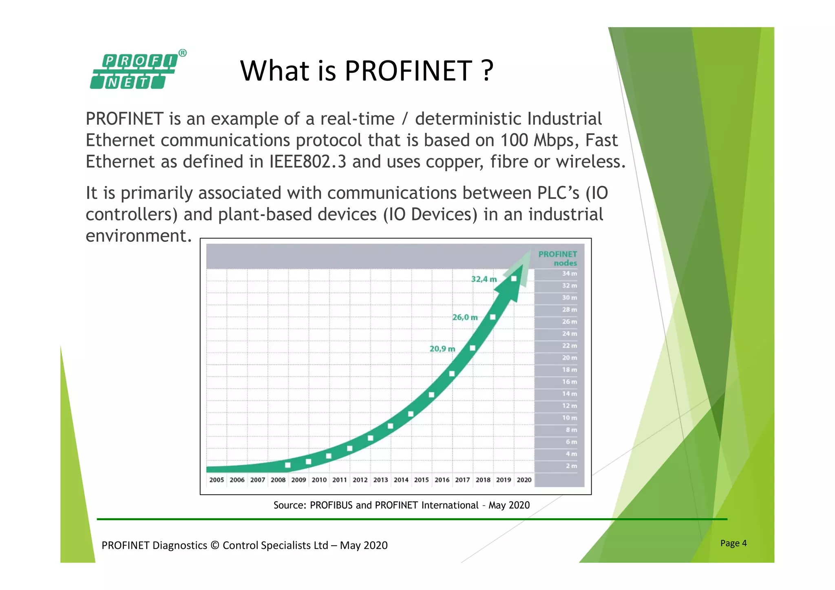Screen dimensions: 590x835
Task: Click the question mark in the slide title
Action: pyautogui.click(x=487, y=71)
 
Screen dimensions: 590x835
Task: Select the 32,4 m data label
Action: pyautogui.click(x=484, y=279)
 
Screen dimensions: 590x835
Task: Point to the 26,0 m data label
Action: pyautogui.click(x=465, y=317)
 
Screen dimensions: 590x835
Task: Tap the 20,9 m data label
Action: pyautogui.click(x=442, y=349)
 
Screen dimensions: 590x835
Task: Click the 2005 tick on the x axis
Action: pyautogui.click(x=216, y=480)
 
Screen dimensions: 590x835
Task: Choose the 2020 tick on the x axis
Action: pyautogui.click(x=524, y=480)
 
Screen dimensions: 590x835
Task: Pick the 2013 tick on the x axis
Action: pyautogui.click(x=380, y=480)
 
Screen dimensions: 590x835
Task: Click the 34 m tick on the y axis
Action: pyautogui.click(x=569, y=274)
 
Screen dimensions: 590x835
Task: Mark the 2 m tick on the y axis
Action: pyautogui.click(x=571, y=466)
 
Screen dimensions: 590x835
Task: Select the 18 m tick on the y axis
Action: pyautogui.click(x=569, y=370)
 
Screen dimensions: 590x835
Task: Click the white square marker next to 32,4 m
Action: pyautogui.click(x=514, y=279)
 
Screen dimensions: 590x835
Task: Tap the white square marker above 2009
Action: pyautogui.click(x=288, y=465)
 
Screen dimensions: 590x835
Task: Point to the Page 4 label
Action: pyautogui.click(x=733, y=543)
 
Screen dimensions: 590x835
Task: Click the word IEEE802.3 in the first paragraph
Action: pyautogui.click(x=308, y=162)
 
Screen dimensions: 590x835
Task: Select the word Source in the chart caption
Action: pyautogui.click(x=289, y=505)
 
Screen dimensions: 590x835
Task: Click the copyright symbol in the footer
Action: pyautogui.click(x=215, y=546)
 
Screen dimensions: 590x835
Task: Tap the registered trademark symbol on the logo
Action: pyautogui.click(x=183, y=53)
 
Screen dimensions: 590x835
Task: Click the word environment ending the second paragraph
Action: pyautogui.click(x=138, y=236)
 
